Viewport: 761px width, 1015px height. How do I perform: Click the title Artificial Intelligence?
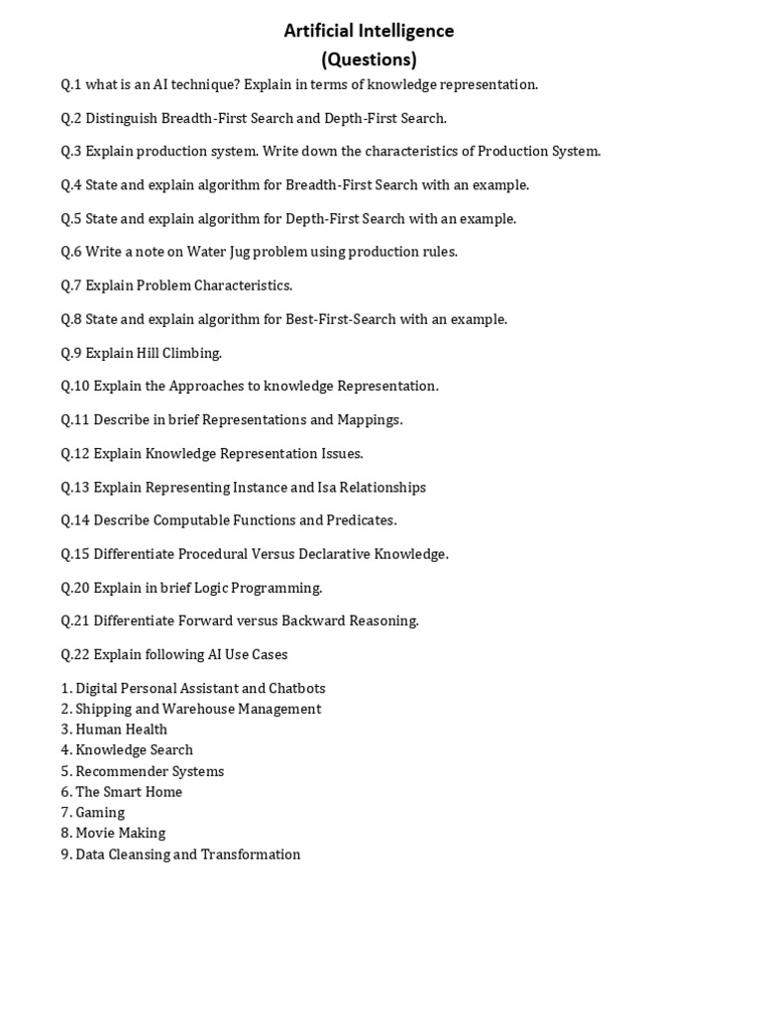tap(369, 31)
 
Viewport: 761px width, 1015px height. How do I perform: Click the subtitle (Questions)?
tap(369, 58)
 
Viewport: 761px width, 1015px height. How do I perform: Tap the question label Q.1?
tap(71, 84)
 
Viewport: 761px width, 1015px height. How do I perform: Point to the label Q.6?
tap(71, 252)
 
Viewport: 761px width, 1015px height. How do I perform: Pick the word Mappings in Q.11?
tap(370, 419)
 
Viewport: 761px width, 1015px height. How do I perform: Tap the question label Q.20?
tap(74, 587)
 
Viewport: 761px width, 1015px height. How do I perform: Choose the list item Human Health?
tap(121, 730)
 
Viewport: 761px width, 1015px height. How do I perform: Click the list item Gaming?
tap(100, 812)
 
